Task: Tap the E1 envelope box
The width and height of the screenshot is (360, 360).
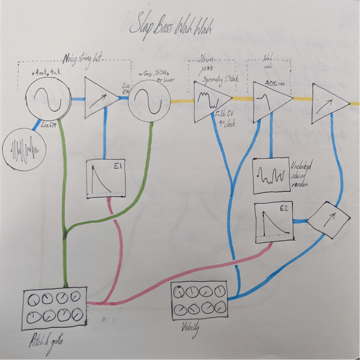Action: click(x=105, y=178)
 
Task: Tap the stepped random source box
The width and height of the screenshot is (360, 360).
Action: click(x=271, y=175)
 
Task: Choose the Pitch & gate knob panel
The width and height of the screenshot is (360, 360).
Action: click(x=55, y=308)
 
